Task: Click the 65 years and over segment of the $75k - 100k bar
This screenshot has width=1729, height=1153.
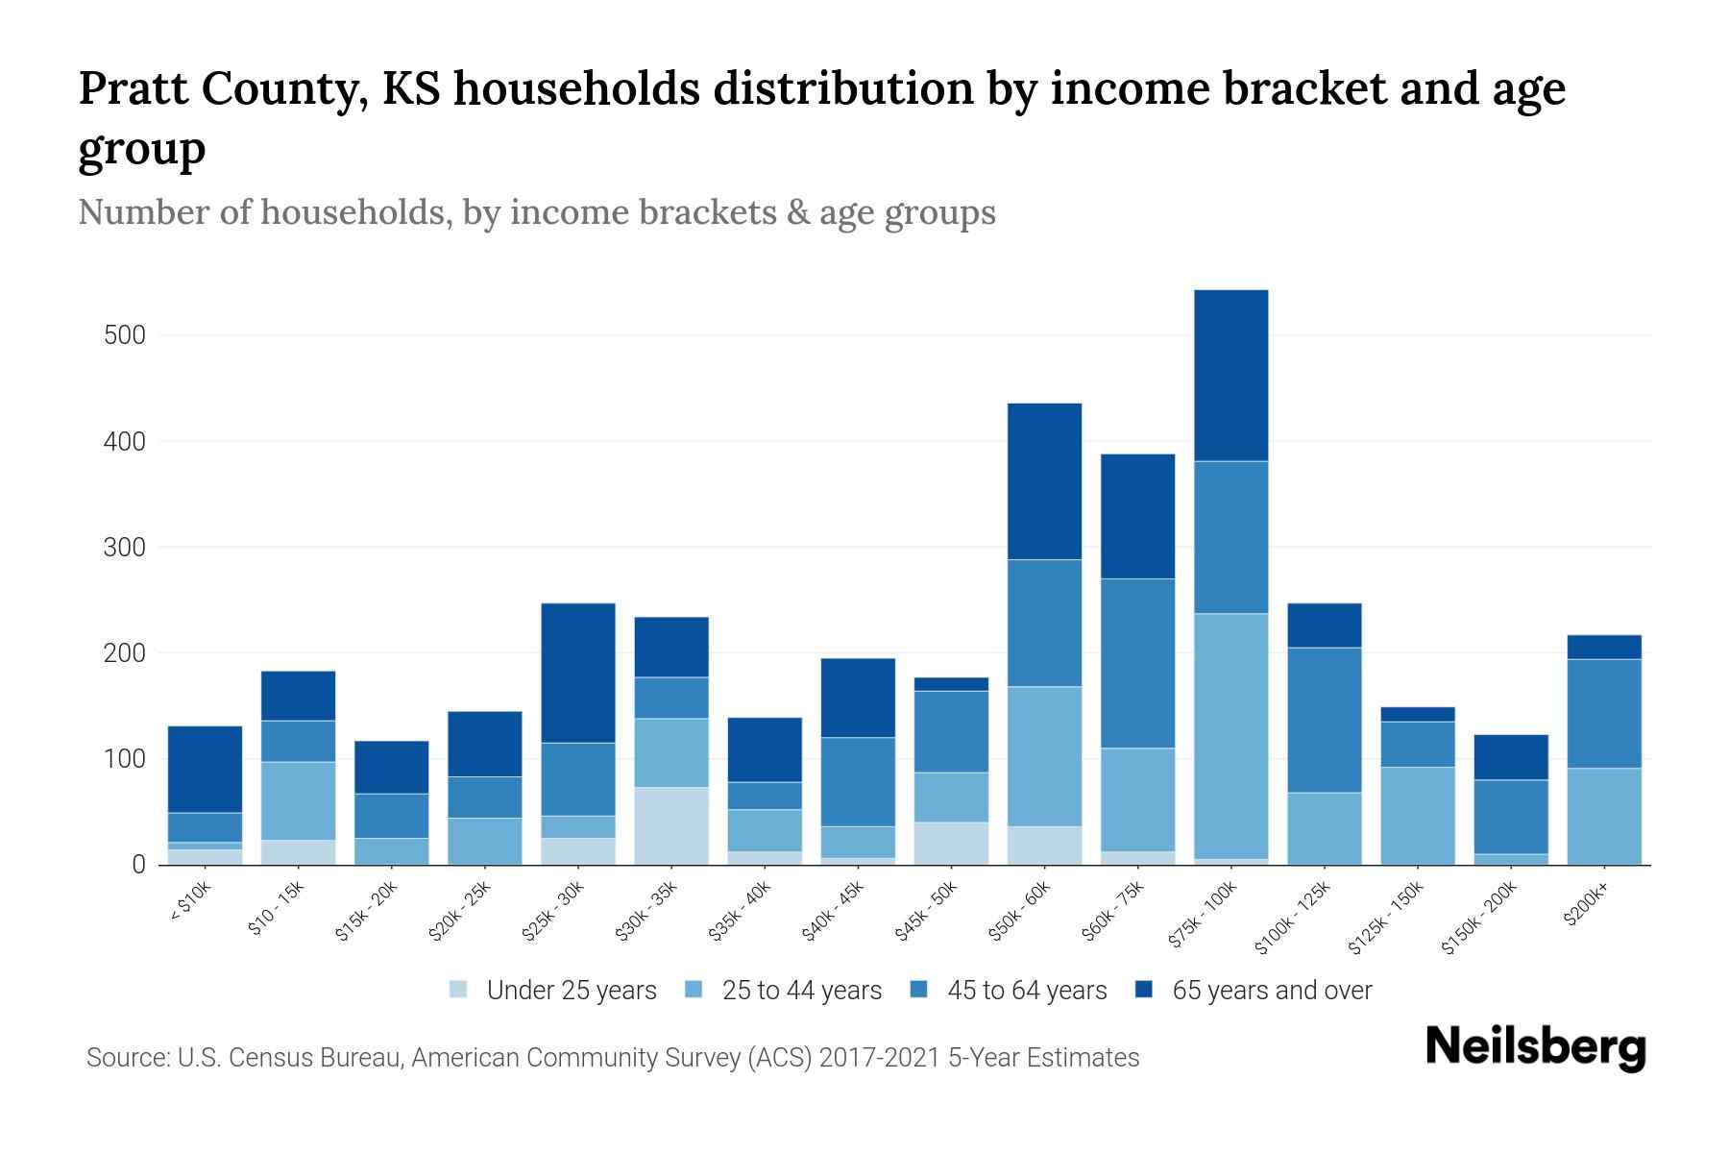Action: (x=1230, y=376)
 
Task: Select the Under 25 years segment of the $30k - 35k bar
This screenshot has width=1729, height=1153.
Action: (x=671, y=825)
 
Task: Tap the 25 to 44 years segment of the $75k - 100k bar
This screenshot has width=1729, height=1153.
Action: (x=1230, y=736)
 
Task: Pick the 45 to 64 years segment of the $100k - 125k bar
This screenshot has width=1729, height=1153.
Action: (x=1324, y=720)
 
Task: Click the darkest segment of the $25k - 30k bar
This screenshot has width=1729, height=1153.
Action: (x=578, y=673)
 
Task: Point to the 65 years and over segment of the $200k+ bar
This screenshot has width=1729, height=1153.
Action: (x=1603, y=647)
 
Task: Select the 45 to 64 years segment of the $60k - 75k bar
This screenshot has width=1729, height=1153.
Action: (x=1137, y=663)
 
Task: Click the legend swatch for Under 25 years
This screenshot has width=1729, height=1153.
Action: (x=459, y=990)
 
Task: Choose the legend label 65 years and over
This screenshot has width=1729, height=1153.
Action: (x=1271, y=990)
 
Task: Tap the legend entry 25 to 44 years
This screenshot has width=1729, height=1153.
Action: (x=801, y=990)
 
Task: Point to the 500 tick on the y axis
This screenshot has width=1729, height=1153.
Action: (x=125, y=335)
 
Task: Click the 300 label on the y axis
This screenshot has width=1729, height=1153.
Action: (x=125, y=547)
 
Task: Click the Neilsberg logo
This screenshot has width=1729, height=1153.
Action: (x=1535, y=1047)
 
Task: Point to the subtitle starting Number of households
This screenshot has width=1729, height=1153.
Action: (x=536, y=212)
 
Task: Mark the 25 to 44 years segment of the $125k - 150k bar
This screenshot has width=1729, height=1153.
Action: (x=1417, y=815)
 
